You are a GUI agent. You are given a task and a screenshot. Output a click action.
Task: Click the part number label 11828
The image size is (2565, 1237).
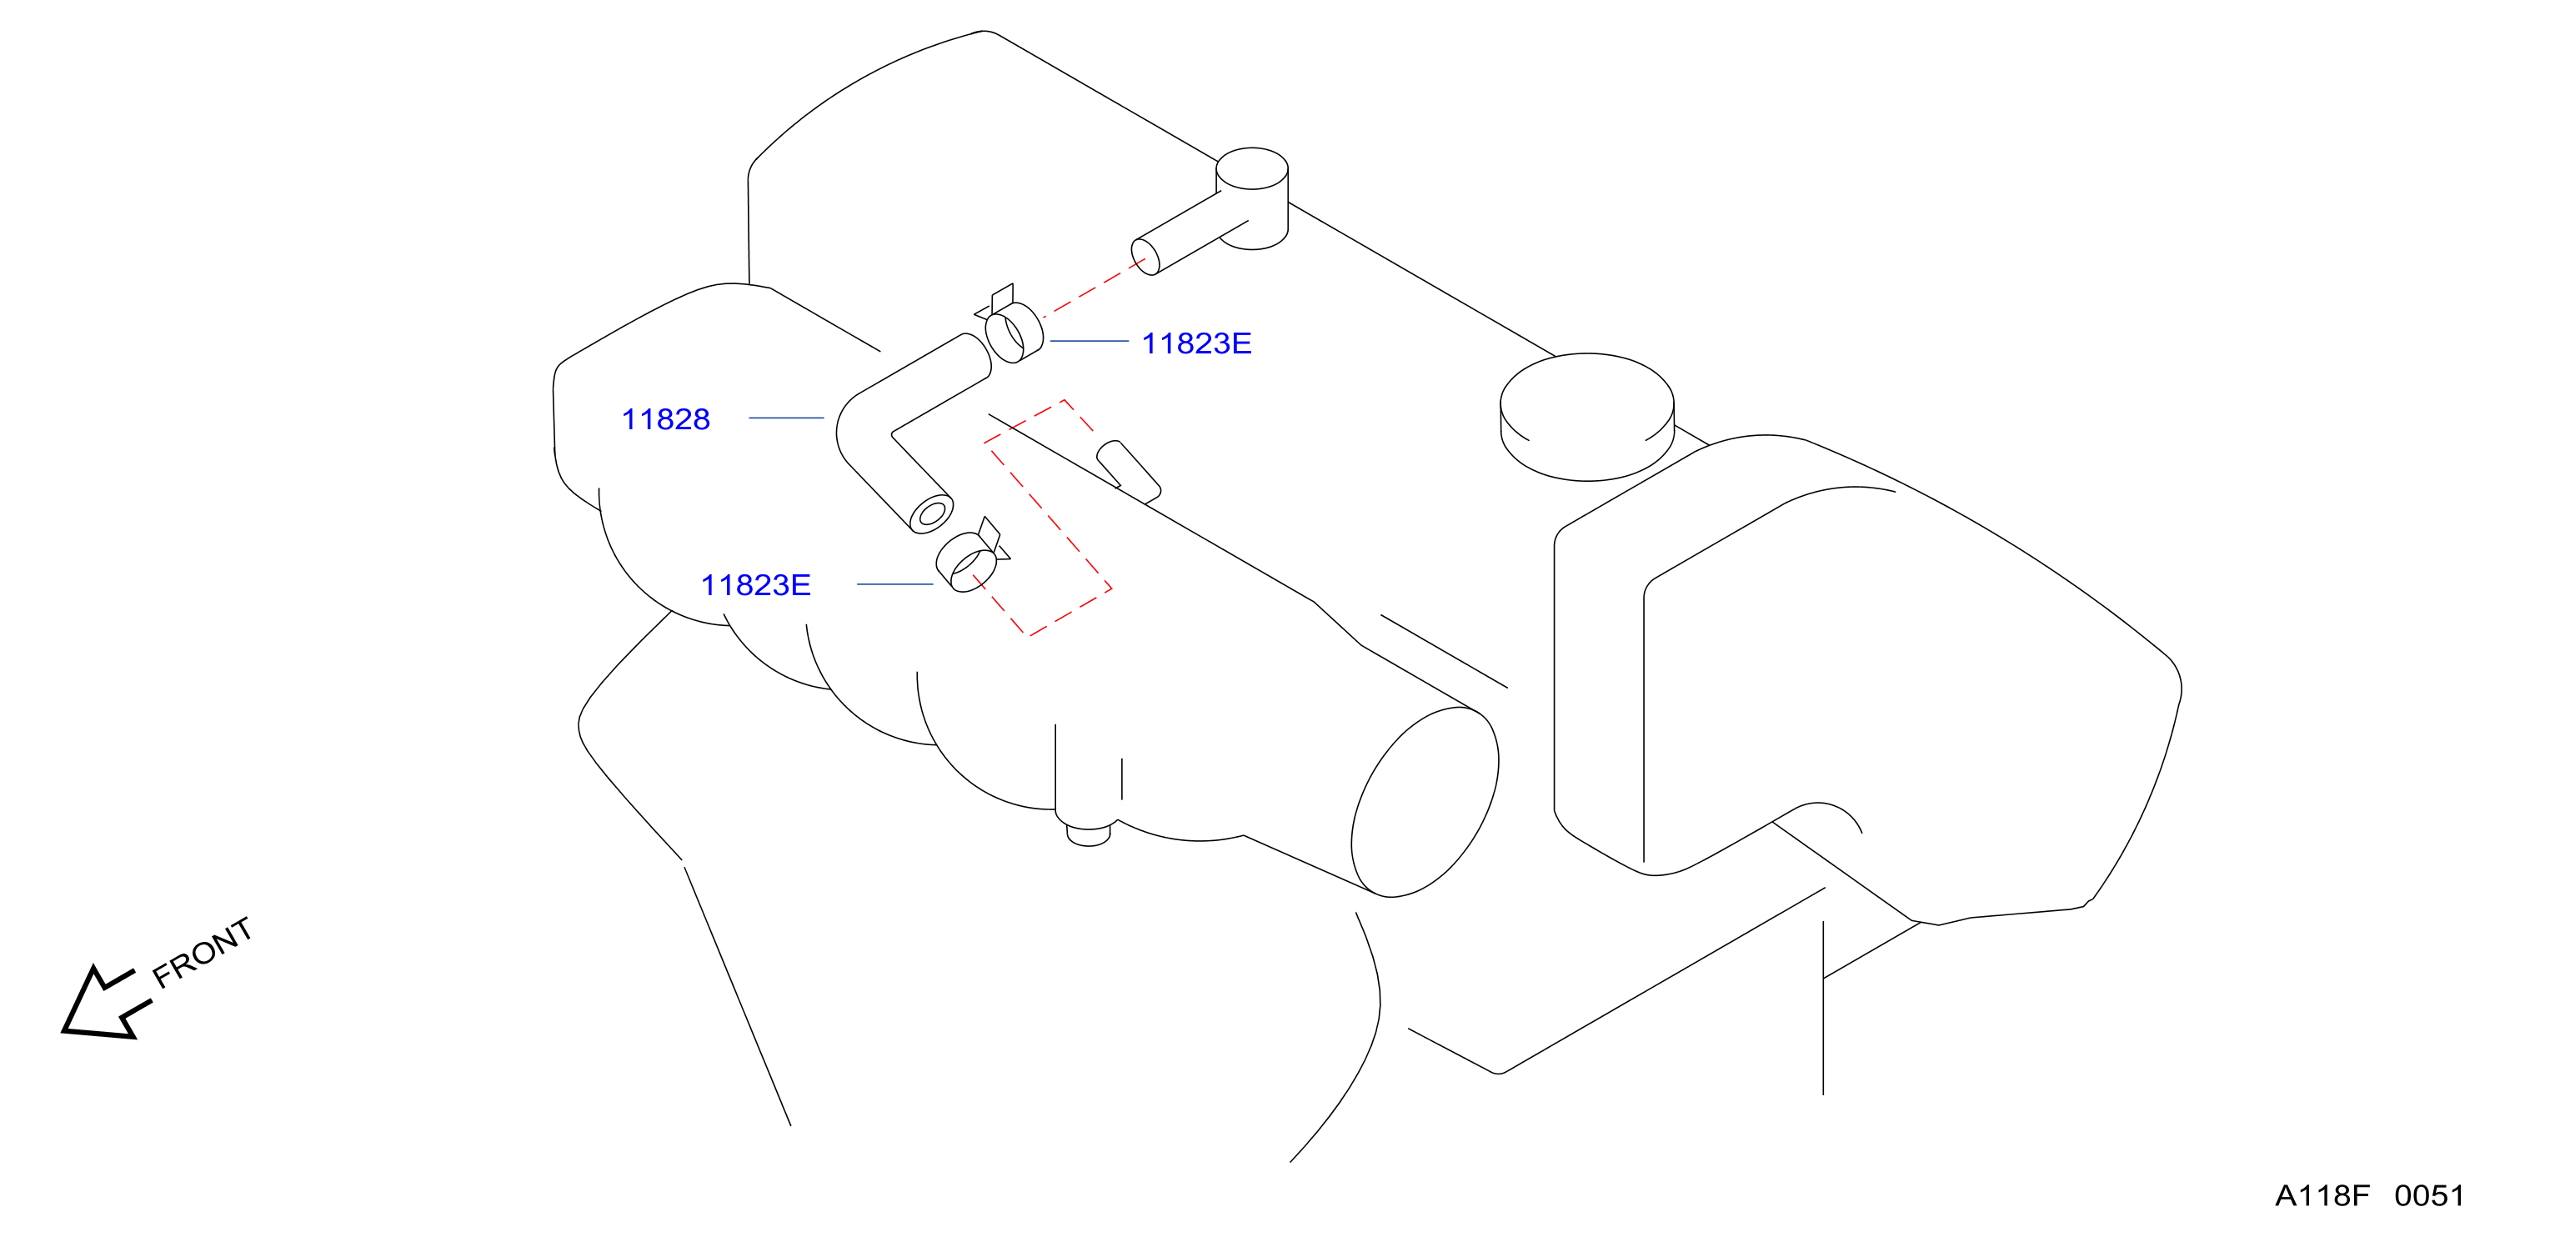[665, 419]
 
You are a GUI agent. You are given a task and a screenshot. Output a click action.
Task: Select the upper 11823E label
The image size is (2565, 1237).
[1196, 343]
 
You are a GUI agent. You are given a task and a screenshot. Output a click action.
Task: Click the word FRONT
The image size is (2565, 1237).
[202, 952]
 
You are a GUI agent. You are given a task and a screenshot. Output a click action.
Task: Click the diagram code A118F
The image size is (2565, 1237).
[2322, 1195]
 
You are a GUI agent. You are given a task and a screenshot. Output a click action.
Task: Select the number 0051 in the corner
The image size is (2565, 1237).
[2430, 1195]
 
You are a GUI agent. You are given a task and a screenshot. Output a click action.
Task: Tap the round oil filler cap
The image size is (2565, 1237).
[1587, 416]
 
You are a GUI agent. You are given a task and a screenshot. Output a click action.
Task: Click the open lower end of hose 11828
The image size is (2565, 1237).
[932, 514]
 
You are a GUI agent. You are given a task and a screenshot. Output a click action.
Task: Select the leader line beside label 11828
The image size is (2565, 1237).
[785, 418]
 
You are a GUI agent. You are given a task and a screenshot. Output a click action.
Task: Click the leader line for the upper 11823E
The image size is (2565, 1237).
[1090, 341]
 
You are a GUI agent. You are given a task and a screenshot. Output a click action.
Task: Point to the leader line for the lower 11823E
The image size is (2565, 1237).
[895, 584]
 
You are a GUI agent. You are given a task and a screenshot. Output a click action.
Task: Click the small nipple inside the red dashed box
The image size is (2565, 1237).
[1128, 471]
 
